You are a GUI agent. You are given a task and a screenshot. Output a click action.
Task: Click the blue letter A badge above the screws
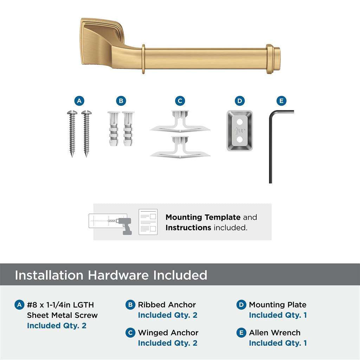[79, 101]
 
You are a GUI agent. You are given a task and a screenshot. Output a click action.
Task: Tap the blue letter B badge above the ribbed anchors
[121, 101]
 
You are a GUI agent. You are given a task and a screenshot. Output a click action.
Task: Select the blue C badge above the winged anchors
[180, 101]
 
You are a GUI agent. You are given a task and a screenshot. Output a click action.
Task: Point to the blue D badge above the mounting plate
[239, 101]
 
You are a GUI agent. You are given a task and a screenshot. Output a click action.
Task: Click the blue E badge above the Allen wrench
[281, 101]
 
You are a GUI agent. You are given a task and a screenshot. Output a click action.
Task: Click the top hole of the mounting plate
[240, 122]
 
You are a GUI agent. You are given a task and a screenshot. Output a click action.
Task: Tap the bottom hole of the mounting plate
[240, 140]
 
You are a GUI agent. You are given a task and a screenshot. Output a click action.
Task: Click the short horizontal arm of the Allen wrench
[283, 112]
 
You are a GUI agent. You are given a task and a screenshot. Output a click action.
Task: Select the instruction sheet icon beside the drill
[148, 222]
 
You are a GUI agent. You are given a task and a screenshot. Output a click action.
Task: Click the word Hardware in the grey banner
[118, 275]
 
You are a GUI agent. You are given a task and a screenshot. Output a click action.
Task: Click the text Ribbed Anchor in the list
[167, 305]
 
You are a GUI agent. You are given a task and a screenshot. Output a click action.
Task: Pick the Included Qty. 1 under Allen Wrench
[278, 343]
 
